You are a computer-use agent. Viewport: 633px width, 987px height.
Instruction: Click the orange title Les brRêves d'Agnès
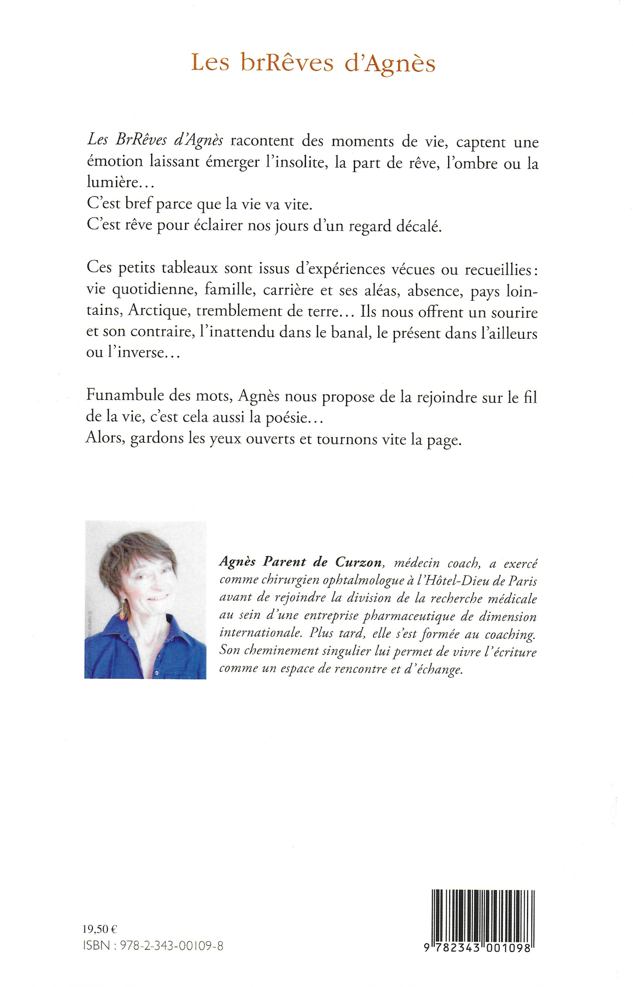[313, 63]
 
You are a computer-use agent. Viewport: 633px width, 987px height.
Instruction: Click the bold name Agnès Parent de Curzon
[300, 562]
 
